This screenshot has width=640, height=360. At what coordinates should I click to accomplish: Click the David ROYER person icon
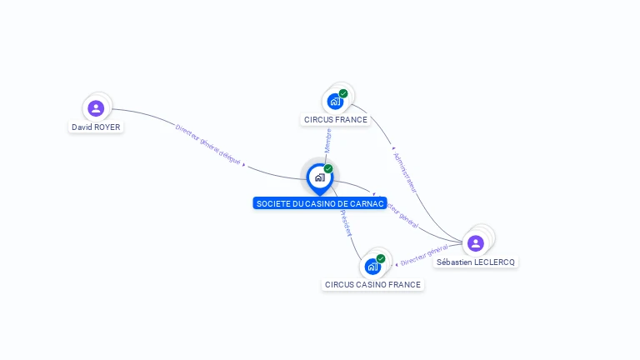(96, 107)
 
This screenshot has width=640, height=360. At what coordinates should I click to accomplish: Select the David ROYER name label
(96, 127)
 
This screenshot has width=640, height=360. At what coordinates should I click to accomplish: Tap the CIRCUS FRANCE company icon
(335, 101)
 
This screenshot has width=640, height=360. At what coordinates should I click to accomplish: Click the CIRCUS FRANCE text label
(335, 120)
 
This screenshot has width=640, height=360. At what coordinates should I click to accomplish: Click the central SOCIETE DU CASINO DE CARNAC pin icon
(319, 177)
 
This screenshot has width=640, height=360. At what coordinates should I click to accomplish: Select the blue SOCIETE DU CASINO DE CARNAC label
(320, 203)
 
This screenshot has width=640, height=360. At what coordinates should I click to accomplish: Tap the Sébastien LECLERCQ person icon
(475, 243)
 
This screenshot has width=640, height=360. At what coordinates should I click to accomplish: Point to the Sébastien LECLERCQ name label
(476, 262)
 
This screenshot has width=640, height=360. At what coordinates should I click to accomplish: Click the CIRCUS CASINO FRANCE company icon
(372, 267)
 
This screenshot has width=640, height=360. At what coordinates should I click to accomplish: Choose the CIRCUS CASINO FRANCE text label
(373, 285)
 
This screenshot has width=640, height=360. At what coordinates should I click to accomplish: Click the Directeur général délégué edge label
(208, 142)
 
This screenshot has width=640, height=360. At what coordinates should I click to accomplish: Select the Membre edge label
(328, 140)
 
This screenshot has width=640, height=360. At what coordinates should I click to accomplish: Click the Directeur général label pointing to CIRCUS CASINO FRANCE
(424, 255)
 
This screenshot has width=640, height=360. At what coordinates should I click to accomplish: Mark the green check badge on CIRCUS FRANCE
(343, 93)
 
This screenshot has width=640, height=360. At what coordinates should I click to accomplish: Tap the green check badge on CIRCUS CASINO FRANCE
(381, 258)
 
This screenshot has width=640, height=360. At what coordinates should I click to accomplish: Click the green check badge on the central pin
(328, 169)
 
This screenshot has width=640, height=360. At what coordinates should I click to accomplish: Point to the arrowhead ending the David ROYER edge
(243, 165)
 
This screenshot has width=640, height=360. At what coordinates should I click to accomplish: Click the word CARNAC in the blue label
(367, 203)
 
